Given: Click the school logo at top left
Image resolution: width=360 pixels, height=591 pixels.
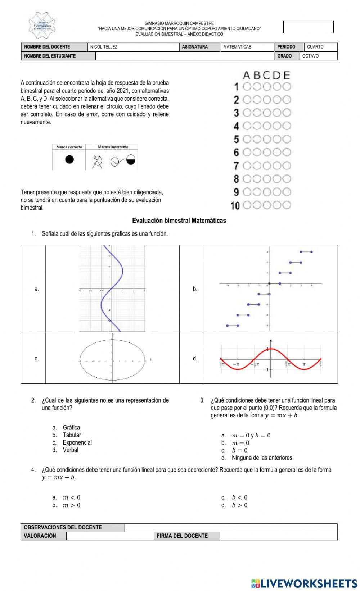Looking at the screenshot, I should (41, 26).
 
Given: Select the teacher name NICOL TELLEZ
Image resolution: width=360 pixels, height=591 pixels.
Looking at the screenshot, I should (104, 47).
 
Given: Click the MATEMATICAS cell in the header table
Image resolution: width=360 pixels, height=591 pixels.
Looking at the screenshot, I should (237, 47).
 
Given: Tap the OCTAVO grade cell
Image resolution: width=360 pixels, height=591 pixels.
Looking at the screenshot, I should (310, 56).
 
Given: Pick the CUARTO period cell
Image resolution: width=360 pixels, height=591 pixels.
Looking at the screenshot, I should (315, 47).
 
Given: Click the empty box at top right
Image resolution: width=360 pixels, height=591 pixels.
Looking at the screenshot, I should (308, 27).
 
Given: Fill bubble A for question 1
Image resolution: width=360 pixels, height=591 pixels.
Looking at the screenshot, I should (247, 86).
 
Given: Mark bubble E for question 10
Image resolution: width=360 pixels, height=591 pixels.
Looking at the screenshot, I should (287, 205).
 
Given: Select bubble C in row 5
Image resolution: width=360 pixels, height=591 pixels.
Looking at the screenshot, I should (267, 139).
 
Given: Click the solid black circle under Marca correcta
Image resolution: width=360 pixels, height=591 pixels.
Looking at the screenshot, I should (69, 159).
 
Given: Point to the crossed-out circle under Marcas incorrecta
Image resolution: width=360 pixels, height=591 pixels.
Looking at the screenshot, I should (98, 162).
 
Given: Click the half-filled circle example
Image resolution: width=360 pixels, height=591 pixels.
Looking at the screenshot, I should (131, 160).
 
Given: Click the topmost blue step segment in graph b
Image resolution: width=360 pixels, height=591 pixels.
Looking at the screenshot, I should (306, 252).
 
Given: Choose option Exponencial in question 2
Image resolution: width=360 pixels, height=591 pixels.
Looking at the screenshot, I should (77, 442).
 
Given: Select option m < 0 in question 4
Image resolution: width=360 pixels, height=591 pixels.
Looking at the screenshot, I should (71, 497).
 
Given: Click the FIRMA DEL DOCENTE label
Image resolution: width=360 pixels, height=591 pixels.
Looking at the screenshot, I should (182, 536).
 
